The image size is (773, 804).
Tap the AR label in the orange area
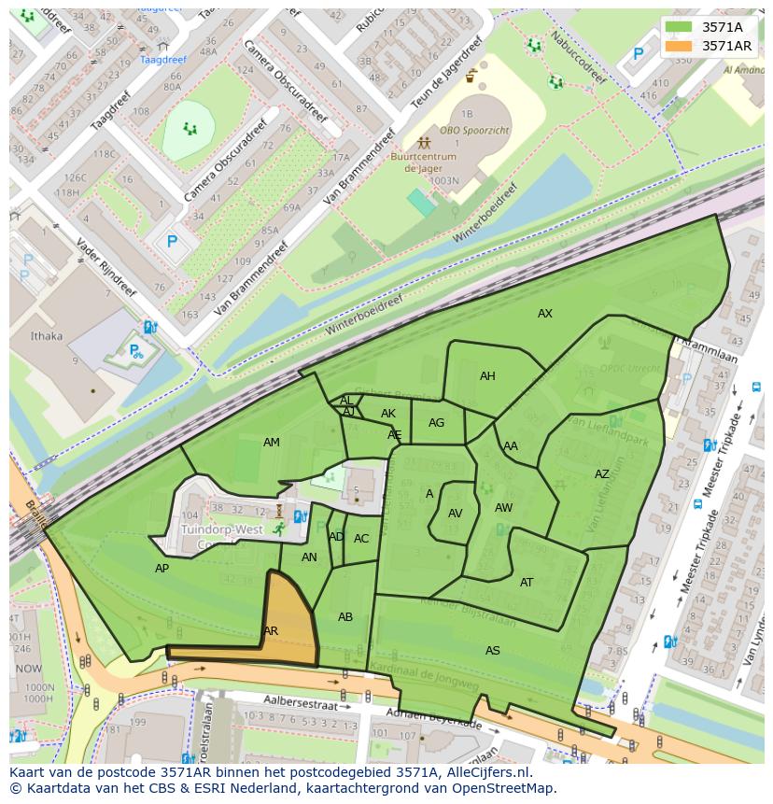point(271,631)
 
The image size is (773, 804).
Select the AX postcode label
point(545,314)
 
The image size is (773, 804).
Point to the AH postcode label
point(487,376)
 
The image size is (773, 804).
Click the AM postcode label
point(272,443)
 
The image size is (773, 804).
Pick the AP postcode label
point(162,568)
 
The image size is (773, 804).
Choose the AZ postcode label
point(602,474)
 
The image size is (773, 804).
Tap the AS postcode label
point(493,651)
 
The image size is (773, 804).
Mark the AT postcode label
point(527,583)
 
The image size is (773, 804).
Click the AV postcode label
point(456,514)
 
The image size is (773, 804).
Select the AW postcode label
point(504,508)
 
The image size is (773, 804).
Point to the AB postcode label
point(345,617)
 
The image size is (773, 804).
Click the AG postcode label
point(437,423)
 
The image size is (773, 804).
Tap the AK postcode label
point(388,414)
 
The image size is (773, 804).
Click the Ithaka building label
point(47,336)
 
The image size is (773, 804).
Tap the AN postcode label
point(310,557)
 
